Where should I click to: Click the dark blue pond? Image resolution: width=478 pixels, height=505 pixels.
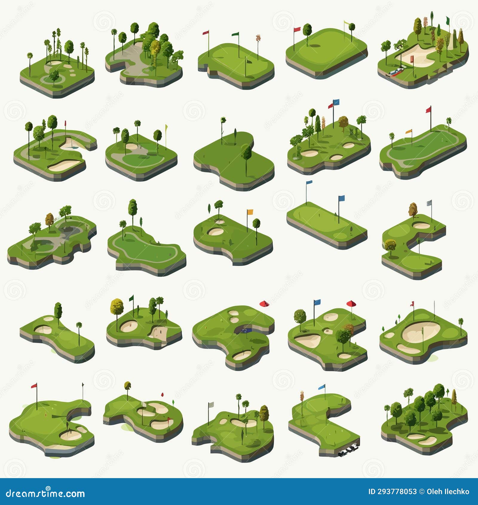(246, 330)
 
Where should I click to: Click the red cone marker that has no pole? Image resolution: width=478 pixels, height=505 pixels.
(264, 304)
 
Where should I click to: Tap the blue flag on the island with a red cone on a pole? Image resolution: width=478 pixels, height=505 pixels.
(317, 302)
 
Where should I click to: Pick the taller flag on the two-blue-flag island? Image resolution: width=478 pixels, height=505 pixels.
(309, 182)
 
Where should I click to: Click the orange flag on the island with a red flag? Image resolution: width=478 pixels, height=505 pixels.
(408, 131)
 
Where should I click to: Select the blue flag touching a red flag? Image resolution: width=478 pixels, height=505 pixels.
(336, 102)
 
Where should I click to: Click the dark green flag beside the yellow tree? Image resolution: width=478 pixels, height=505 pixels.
(131, 298)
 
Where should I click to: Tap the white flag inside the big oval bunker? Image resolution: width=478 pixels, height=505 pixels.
(422, 330)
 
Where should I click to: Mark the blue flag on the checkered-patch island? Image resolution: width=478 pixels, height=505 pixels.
(322, 387)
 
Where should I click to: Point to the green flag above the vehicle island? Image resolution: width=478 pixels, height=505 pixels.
(448, 20)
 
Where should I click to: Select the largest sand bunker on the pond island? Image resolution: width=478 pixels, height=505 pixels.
(242, 355)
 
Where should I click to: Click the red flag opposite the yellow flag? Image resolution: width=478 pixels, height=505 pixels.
(297, 29)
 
